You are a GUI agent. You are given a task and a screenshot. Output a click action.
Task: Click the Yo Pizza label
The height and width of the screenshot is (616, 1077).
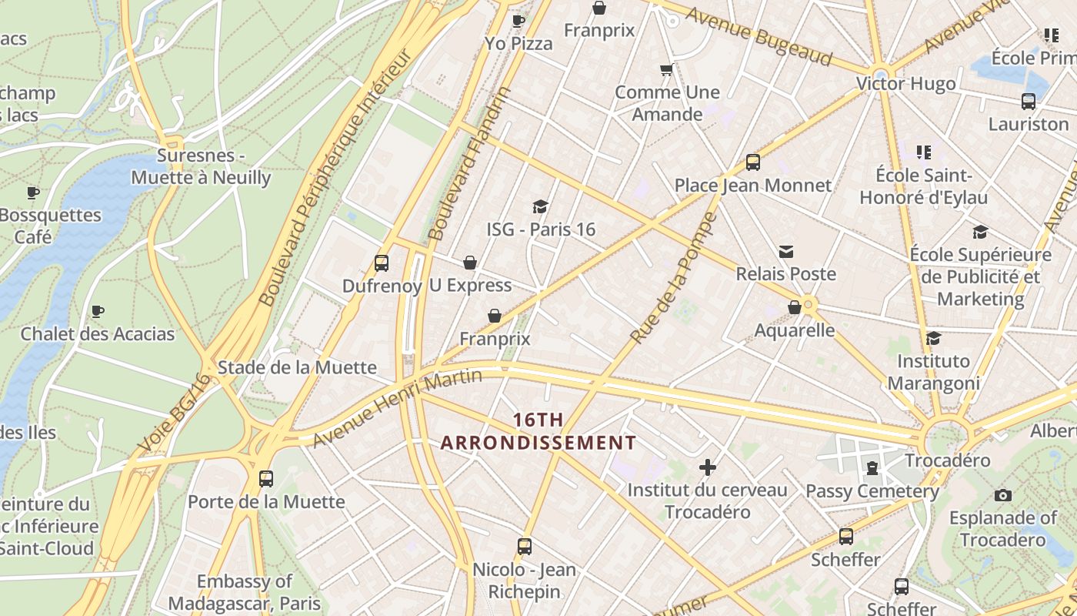coord(518,44)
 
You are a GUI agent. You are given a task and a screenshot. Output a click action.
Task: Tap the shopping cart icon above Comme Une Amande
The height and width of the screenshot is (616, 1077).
coord(666,70)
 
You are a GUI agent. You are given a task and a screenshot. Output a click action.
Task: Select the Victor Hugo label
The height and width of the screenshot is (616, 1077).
coord(905,83)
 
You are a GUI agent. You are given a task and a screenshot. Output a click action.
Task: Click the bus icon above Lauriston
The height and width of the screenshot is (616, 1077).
coord(1028,101)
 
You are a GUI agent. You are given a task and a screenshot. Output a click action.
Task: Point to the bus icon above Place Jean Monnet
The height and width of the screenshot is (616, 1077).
coord(752,162)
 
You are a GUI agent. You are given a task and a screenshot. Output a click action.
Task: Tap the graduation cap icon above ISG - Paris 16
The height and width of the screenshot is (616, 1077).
coord(540,206)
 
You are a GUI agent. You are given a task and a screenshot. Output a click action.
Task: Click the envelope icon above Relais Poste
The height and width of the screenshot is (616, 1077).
coord(785,252)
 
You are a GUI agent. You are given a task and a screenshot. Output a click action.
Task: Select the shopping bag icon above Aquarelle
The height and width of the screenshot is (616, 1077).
coord(795,308)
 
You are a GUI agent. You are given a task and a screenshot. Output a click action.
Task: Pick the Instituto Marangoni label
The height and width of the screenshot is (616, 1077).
coord(933,372)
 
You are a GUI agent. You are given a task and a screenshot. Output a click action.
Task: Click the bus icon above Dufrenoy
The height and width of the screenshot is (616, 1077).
coord(381,263)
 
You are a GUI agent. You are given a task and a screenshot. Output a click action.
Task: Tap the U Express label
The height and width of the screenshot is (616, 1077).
coord(470,286)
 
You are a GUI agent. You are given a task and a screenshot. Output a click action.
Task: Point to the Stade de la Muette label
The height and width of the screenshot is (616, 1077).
coord(297,367)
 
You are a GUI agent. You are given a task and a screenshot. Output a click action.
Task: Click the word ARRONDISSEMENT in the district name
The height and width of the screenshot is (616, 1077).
coord(538,443)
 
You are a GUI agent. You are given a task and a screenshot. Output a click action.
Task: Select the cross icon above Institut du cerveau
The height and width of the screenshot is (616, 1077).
coord(707,467)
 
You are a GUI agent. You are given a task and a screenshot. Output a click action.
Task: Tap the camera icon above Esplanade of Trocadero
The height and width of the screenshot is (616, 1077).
coord(1002,495)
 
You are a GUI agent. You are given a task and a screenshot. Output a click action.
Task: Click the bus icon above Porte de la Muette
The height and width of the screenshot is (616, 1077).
coord(266,479)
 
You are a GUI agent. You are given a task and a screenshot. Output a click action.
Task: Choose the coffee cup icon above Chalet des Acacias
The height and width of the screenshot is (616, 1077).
coord(98,312)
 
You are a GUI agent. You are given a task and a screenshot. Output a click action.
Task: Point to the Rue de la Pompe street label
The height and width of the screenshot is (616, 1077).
coord(673,279)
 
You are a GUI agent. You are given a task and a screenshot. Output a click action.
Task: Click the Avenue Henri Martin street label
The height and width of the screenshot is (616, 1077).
coord(397,408)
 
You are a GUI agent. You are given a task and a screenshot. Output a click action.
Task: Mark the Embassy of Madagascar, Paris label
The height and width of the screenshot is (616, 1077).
coord(245,591)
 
